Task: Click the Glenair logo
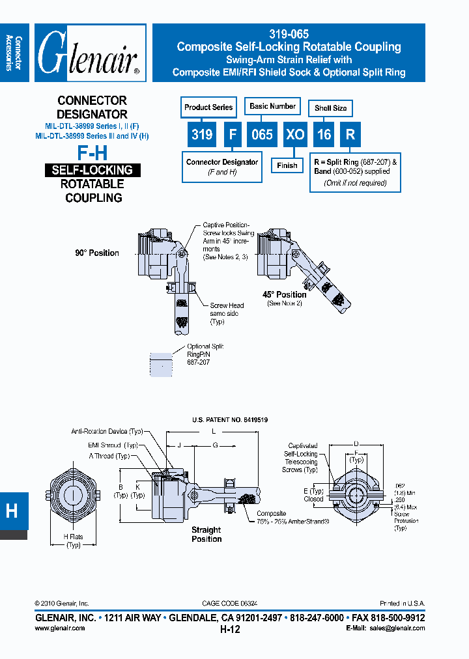(x=90, y=53)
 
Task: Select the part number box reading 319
(x=202, y=135)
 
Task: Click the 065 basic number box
(x=262, y=135)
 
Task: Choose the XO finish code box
(x=295, y=135)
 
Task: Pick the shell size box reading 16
(x=324, y=135)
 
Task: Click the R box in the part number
(x=350, y=135)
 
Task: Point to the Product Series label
(x=208, y=107)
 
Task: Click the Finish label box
(x=287, y=165)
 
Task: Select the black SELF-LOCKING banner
(x=92, y=170)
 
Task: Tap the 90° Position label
(x=97, y=253)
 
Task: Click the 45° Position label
(x=285, y=294)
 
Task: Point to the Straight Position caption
(x=206, y=535)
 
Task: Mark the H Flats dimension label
(x=73, y=540)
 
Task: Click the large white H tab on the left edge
(x=12, y=511)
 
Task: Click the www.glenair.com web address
(x=59, y=628)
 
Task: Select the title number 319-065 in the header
(x=289, y=35)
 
